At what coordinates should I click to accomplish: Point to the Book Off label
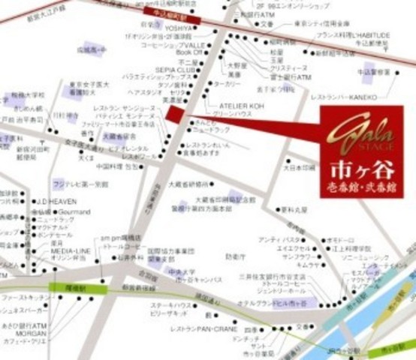click(x=188, y=52)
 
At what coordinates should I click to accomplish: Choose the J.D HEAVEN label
click(x=52, y=200)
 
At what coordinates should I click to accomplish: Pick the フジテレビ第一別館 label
click(x=80, y=183)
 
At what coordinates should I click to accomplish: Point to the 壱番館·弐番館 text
click(x=361, y=185)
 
